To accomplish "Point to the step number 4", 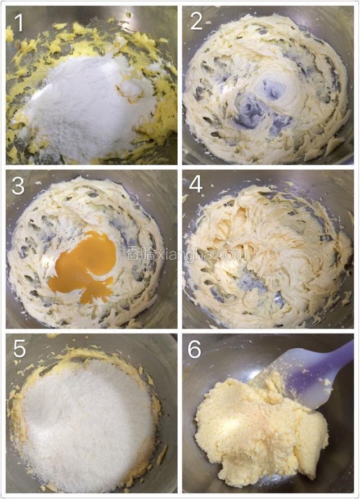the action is coord(196,185).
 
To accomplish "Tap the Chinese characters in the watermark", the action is coord(138,254).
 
